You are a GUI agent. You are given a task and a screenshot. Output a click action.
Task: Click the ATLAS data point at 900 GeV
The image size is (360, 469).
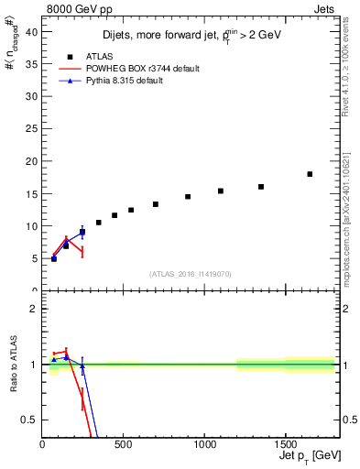(x=188, y=196)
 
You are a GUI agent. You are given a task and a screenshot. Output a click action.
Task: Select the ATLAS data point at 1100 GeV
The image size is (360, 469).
(x=221, y=191)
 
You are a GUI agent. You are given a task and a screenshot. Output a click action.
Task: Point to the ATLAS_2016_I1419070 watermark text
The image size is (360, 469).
(x=191, y=273)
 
